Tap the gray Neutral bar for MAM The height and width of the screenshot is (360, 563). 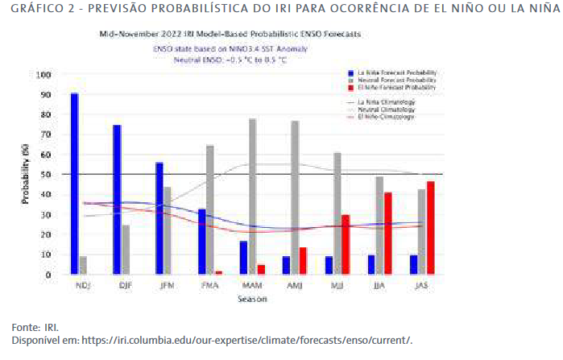point(253,197)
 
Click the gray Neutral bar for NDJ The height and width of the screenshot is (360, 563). point(83,266)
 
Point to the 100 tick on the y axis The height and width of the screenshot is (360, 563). point(43,75)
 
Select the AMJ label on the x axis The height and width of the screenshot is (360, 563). point(296,286)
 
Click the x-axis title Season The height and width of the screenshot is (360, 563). point(252,299)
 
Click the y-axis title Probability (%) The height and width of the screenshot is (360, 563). point(26,174)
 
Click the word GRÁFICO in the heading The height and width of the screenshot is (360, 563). point(30,10)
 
